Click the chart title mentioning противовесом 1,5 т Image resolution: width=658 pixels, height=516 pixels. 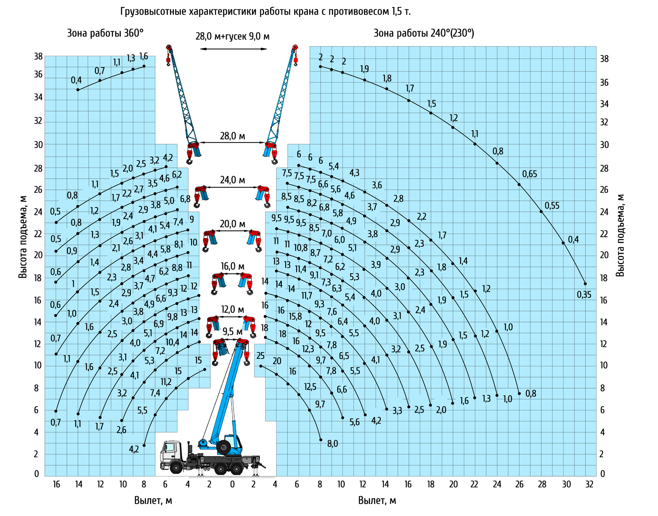click(x=266, y=12)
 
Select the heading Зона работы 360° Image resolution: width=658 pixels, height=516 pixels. click(x=105, y=33)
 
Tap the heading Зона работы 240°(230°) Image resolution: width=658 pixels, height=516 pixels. click(x=424, y=33)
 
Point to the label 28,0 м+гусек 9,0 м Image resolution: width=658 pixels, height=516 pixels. click(x=232, y=36)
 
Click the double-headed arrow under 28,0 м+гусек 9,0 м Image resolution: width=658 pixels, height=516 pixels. click(x=233, y=49)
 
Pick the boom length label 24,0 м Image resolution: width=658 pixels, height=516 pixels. click(x=232, y=180)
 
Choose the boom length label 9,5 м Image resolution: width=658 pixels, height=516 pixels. click(x=232, y=332)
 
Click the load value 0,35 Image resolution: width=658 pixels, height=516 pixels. click(x=584, y=295)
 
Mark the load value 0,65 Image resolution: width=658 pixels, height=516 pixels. click(x=529, y=174)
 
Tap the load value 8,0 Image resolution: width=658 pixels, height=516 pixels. click(x=332, y=444)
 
